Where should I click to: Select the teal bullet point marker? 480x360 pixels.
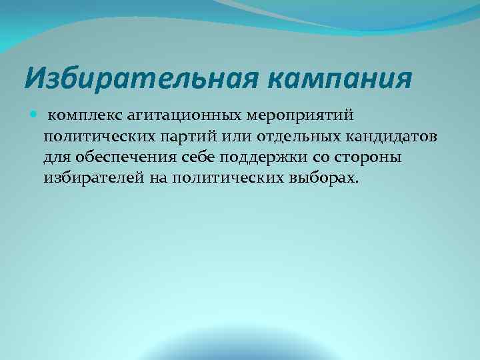click(x=35, y=115)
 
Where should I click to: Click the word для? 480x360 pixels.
click(x=56, y=157)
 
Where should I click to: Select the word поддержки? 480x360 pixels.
click(x=257, y=157)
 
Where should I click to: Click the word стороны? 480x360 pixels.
click(x=359, y=157)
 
